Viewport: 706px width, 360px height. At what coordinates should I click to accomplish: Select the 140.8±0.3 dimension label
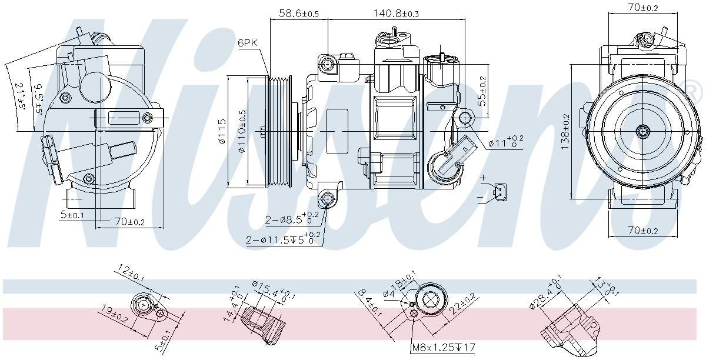click(397, 13)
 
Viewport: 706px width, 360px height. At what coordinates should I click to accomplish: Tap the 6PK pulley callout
click(247, 43)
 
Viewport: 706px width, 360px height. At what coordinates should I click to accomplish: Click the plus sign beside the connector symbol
click(484, 177)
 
